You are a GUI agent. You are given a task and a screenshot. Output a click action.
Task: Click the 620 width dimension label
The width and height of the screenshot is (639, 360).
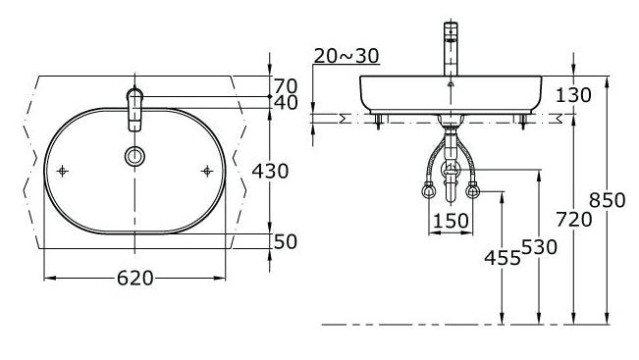pos(134,279)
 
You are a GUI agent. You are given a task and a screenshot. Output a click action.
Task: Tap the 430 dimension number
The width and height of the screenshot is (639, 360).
pos(270,171)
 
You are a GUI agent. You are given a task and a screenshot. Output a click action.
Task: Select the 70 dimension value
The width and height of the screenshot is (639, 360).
pos(286,86)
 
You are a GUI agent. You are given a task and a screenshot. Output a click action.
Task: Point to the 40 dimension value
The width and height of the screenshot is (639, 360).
pos(286,103)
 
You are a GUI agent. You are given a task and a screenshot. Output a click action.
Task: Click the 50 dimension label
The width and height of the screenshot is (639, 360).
pos(286,242)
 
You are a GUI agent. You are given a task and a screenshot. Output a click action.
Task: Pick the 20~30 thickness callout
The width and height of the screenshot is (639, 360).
pos(346,56)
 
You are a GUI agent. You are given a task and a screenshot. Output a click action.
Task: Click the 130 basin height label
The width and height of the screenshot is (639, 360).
pos(573,95)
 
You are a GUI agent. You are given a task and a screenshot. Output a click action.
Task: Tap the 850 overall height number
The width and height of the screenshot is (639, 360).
pos(608,200)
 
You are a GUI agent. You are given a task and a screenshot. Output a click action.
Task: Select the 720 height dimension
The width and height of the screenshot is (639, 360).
pos(574,220)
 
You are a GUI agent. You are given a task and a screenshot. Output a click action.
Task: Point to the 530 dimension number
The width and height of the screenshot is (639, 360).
pos(539,247)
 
